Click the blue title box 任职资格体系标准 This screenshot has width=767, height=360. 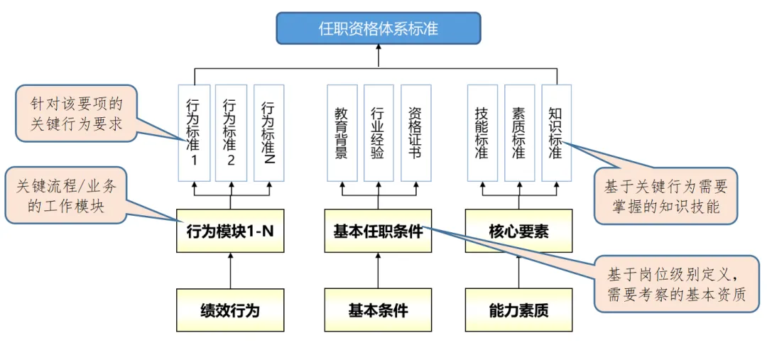point(378,28)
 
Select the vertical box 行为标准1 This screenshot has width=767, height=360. point(192,133)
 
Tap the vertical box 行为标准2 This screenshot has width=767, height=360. point(230,133)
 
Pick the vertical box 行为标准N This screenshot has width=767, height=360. point(268,133)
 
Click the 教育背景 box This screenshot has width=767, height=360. point(342,133)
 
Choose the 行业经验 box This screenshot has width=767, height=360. point(378,133)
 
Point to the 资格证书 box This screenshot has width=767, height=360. point(415,133)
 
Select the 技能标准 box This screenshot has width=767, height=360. point(482,133)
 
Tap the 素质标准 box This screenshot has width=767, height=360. point(519,133)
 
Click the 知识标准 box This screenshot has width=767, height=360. point(556,133)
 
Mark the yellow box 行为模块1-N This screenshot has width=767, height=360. point(230,231)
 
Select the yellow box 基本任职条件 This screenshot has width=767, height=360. point(378,231)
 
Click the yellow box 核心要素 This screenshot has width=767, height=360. point(518,231)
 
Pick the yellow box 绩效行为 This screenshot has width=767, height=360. point(230,310)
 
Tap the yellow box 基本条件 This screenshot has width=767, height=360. point(378,310)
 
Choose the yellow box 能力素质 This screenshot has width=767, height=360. point(518,310)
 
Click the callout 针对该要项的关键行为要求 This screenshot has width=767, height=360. point(75,114)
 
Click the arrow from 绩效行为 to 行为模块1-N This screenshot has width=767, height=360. point(230,271)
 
